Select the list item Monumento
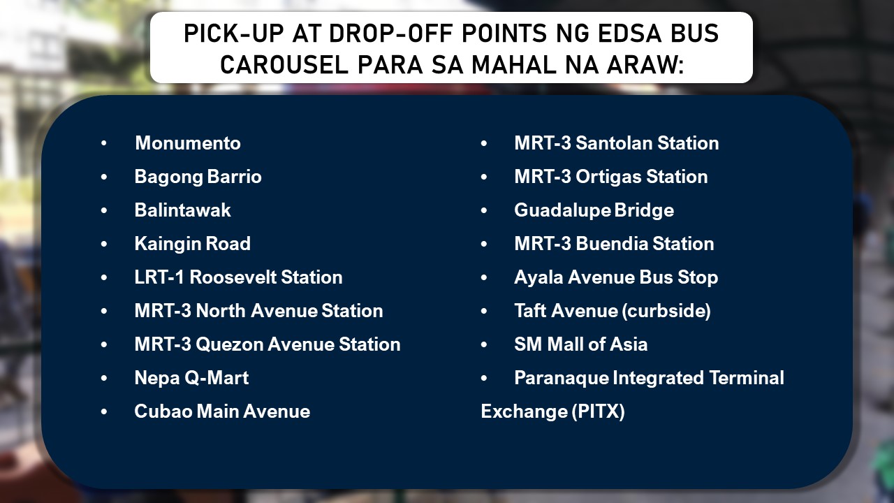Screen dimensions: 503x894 coord(187,143)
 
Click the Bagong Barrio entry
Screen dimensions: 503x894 coord(198,177)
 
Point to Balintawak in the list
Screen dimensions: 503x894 coord(182,210)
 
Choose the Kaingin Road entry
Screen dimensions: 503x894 coord(192,244)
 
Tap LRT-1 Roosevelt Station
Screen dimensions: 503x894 coord(238,277)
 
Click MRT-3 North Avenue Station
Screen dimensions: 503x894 coord(258,311)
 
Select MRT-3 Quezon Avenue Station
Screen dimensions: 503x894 coord(267,344)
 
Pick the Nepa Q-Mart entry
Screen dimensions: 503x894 coord(191,378)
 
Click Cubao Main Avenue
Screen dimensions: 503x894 coord(222,411)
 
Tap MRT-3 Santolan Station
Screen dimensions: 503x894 coord(616,143)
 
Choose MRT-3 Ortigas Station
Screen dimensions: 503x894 coord(610,177)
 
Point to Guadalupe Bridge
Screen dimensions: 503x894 coord(594,210)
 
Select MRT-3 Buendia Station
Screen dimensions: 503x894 coord(614,244)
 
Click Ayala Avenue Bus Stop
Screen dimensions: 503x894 coord(615,277)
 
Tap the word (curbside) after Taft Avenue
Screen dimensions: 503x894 coord(661,311)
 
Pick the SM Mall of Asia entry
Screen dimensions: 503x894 coord(580,344)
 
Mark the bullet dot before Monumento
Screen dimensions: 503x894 coord(104,143)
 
